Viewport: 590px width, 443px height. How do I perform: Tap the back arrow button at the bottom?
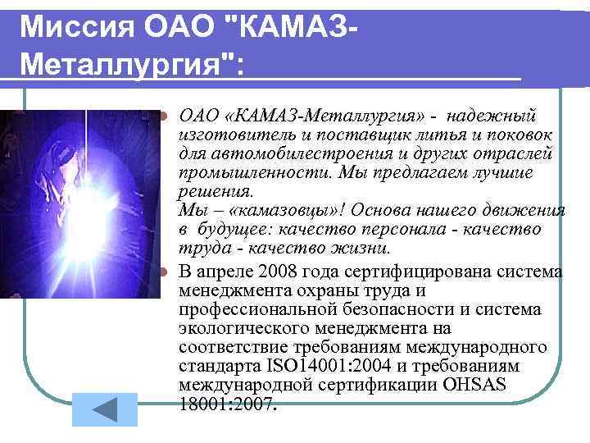[x=105, y=409]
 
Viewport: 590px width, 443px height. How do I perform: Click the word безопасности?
[x=376, y=309]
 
